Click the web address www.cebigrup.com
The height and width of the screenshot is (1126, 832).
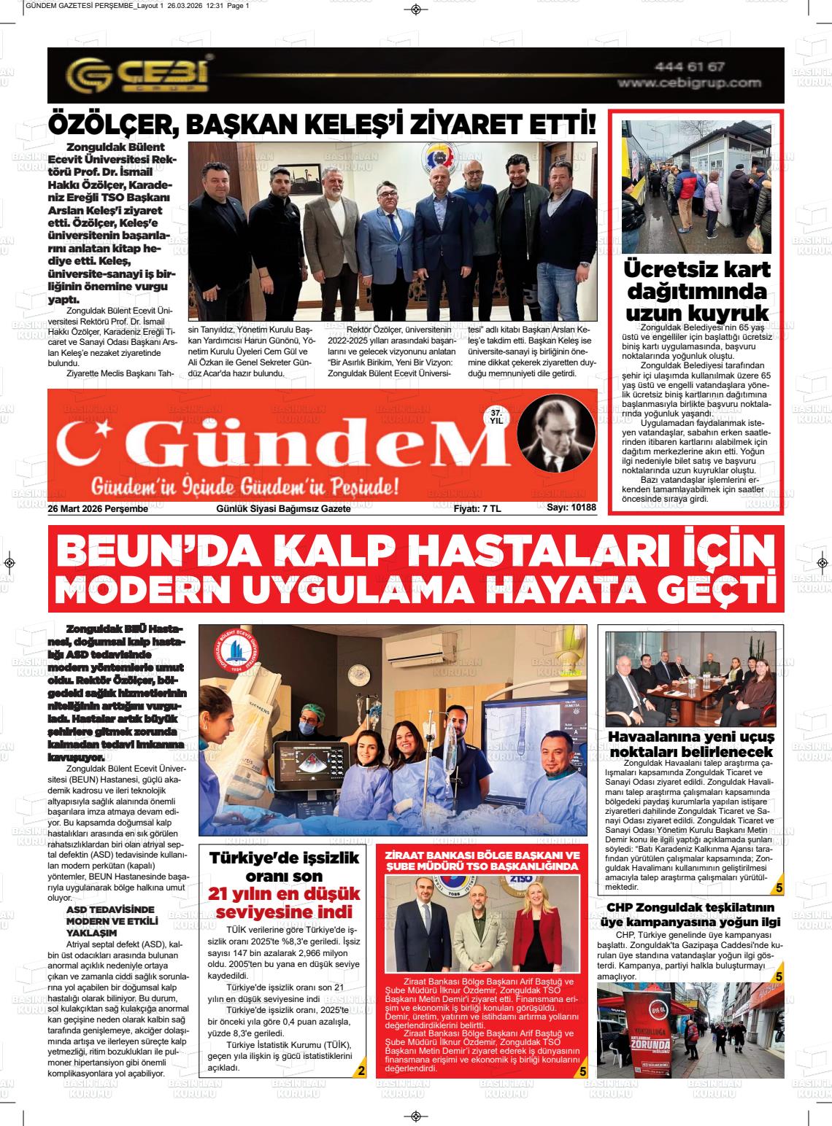[689, 83]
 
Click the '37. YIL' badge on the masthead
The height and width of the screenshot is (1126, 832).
[496, 416]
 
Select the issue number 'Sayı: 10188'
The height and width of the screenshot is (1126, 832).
[571, 508]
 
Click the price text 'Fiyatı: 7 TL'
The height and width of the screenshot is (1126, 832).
[477, 509]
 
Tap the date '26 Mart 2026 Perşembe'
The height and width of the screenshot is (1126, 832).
[99, 509]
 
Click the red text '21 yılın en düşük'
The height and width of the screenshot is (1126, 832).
[281, 893]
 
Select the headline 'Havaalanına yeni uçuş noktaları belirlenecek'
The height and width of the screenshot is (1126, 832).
[691, 743]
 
